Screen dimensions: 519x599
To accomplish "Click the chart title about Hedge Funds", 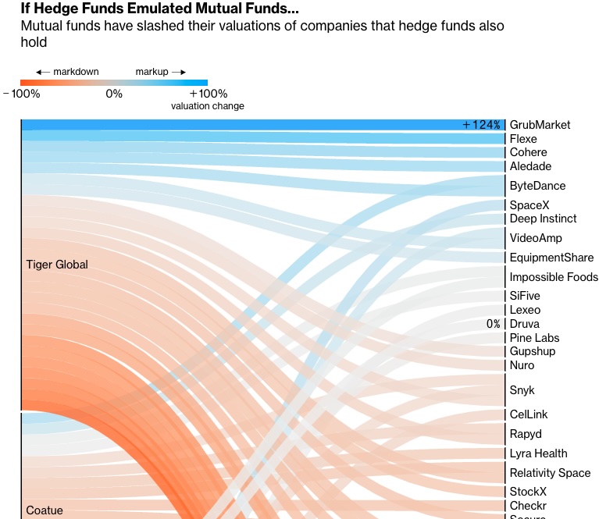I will coord(159,9).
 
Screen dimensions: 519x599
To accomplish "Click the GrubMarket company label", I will coord(540,125).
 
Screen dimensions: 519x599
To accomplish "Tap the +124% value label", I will coord(481,125).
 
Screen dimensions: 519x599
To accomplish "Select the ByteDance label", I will coord(537,186).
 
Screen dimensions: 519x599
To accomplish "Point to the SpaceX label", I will coord(529,205).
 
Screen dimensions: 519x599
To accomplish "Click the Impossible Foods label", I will coord(554,277).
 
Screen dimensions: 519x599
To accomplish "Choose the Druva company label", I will coord(524,324).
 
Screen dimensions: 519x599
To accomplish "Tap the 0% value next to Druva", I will coord(493,324).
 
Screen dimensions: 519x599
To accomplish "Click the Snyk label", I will coord(522,390).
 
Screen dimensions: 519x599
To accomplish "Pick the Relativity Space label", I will coord(550,473).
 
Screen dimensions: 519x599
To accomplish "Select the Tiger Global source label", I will coord(57,265).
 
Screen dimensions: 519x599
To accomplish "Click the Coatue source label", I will coord(45,510).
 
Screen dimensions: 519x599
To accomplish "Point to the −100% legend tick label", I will coord(21,94).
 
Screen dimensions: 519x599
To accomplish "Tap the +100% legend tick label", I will coord(208,94).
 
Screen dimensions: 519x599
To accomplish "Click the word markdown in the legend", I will coord(76,72).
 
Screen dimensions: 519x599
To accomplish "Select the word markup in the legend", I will coord(152,72).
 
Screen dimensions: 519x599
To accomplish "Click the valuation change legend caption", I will coord(208,106).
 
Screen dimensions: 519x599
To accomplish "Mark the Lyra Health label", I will coord(538,453).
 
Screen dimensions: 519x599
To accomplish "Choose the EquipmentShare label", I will coord(551,258).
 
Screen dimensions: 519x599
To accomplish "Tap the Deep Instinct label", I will coord(543,219).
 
